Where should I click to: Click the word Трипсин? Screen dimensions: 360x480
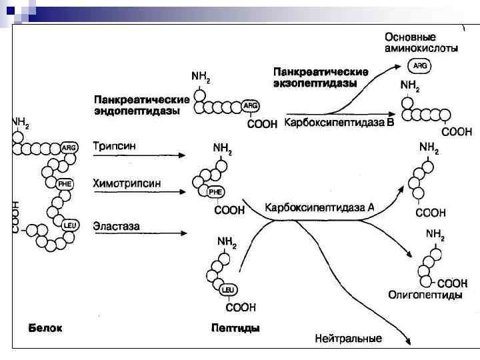(x=115, y=145)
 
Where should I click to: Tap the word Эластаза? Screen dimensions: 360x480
(x=117, y=226)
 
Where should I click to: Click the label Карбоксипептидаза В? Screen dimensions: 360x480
(x=340, y=123)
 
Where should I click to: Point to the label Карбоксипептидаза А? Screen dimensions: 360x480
(x=320, y=209)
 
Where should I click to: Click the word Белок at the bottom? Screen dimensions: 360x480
(x=45, y=328)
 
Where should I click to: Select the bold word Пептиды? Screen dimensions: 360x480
(x=235, y=328)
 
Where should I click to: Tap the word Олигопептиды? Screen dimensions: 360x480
(x=425, y=294)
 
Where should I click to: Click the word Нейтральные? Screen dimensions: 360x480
(x=349, y=339)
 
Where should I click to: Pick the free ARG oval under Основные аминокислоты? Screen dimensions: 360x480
(x=421, y=66)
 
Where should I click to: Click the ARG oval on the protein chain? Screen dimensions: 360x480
(x=69, y=147)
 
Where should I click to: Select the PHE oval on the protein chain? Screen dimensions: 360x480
(x=65, y=183)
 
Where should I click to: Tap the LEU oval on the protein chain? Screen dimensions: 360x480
(x=70, y=225)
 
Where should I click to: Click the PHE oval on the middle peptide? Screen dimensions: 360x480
(x=216, y=192)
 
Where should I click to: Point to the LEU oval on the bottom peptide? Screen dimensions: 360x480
(x=227, y=290)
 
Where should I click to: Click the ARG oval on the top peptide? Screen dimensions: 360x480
(x=251, y=105)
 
